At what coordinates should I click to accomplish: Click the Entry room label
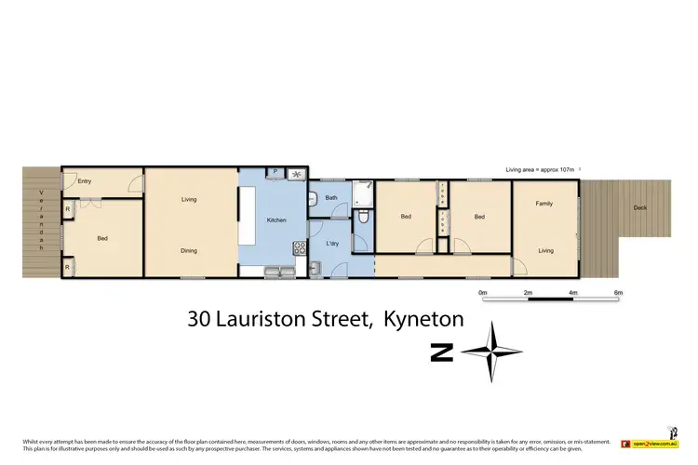[x=85, y=181]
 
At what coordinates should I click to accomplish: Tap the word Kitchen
[x=276, y=220]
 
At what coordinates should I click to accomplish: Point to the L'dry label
[x=332, y=244]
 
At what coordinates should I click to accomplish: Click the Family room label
[x=544, y=203]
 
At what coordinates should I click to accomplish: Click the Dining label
[x=189, y=250]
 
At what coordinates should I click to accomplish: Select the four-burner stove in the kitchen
[x=300, y=247]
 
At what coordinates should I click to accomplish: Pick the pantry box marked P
[x=275, y=173]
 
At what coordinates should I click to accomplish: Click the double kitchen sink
[x=276, y=272]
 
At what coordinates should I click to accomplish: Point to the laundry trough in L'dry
[x=316, y=269]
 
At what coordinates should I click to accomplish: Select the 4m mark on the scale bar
[x=573, y=293]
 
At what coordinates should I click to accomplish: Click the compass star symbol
[x=492, y=352]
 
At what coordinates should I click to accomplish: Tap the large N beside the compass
[x=442, y=352]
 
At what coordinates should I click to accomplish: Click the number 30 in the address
[x=199, y=319]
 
